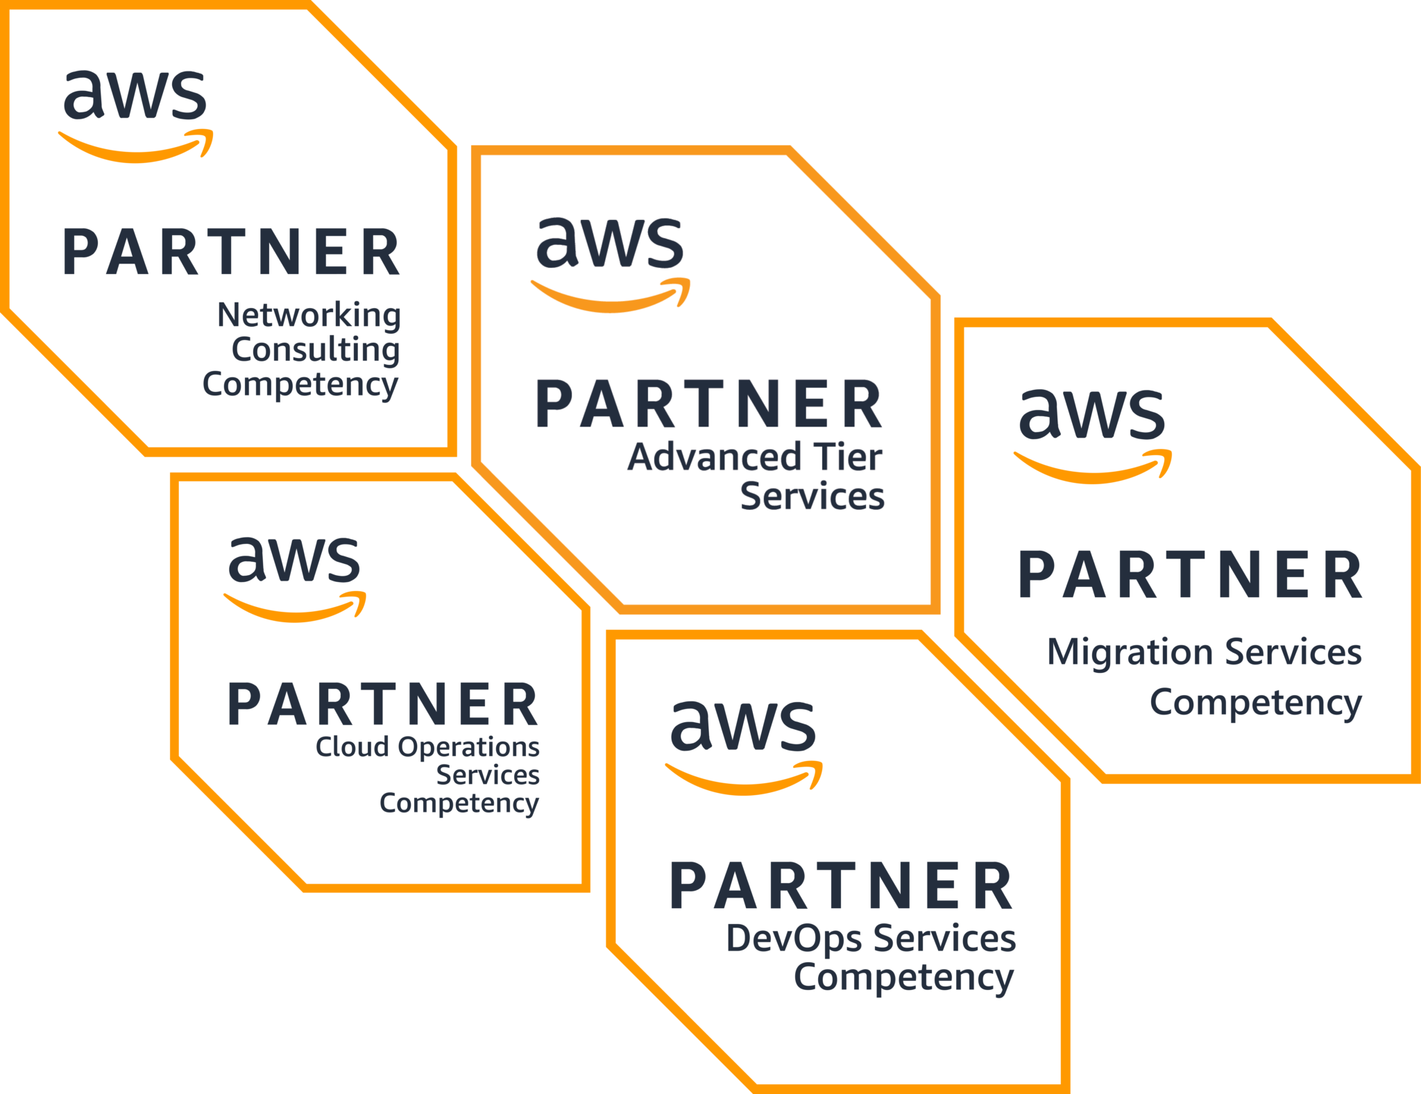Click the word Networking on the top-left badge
click(x=309, y=315)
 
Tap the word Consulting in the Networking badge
click(x=315, y=350)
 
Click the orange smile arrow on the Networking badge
click(x=135, y=147)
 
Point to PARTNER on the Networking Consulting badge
click(x=232, y=253)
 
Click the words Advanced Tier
click(x=754, y=458)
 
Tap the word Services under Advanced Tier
click(x=812, y=497)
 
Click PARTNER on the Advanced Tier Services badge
click(x=709, y=404)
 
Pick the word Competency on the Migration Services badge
click(x=1255, y=703)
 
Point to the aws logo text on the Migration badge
click(x=1092, y=414)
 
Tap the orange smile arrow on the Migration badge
click(x=1092, y=468)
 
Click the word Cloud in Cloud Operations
click(x=352, y=748)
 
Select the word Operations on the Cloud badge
click(x=468, y=748)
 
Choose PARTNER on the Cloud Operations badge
click(x=383, y=705)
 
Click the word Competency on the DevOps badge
click(x=903, y=978)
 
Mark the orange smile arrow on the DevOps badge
click(x=743, y=780)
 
